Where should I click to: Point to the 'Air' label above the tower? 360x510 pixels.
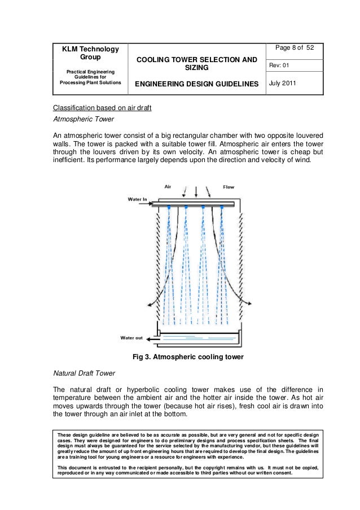click(168, 186)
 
